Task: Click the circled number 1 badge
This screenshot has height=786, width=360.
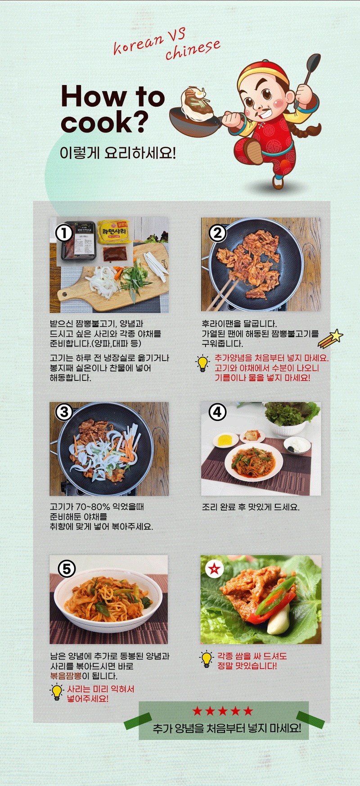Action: coord(64,233)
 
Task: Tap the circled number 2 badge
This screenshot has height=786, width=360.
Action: coord(218,233)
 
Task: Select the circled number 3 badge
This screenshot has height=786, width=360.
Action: coord(64,411)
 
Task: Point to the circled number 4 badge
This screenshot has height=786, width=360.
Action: coord(218,411)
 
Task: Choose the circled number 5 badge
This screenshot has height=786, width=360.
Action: coord(67,569)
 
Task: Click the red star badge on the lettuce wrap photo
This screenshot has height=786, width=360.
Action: coord(214,569)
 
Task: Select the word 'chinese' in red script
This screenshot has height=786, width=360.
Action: coord(193,50)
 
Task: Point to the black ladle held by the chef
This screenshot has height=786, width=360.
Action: coord(312,68)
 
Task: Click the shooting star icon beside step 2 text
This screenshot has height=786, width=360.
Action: coord(330,338)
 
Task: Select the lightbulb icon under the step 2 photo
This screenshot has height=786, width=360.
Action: coord(203,363)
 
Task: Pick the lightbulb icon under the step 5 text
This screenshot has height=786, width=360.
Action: coord(57,692)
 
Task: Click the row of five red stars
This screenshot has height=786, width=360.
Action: coord(223,711)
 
